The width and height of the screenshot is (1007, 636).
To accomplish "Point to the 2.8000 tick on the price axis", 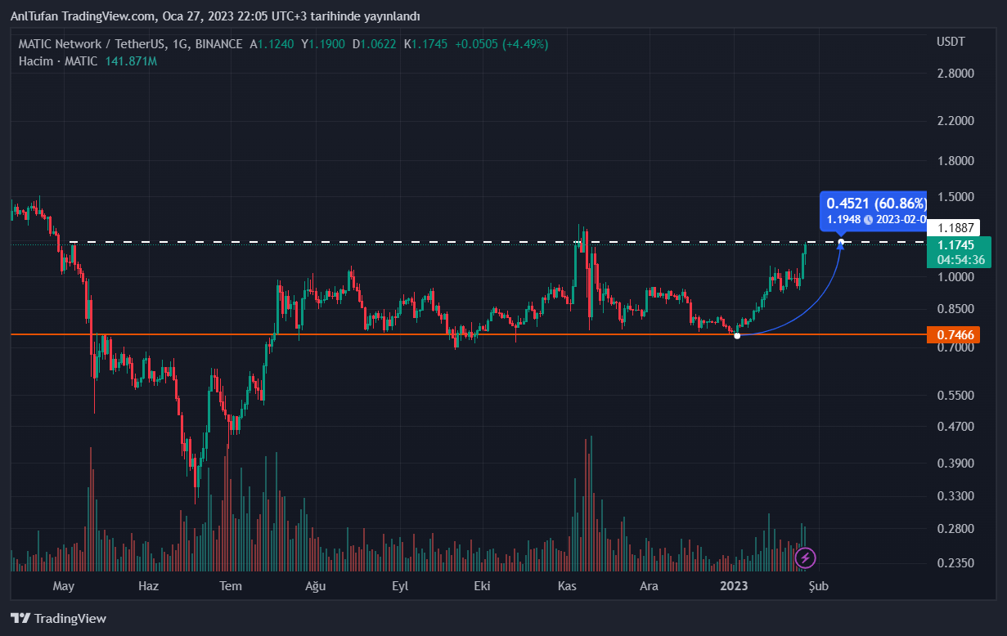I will click(955, 74).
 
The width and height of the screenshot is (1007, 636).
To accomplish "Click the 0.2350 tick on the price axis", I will click(955, 563).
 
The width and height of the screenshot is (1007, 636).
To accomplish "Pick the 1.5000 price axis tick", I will click(955, 197).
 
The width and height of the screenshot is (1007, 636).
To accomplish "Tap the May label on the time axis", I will click(63, 586).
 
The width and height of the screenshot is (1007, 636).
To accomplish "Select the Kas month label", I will click(568, 586).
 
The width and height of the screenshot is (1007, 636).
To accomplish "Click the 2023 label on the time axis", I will click(734, 586).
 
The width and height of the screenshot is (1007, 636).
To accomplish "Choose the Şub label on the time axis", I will click(818, 586).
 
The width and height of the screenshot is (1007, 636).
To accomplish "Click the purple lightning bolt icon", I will click(806, 558).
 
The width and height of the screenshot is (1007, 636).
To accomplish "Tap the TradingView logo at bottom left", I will click(58, 619).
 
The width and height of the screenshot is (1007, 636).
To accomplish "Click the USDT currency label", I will click(951, 42).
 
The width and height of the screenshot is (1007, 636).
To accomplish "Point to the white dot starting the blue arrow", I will click(737, 336).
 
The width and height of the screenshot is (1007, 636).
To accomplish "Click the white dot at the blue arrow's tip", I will click(841, 241).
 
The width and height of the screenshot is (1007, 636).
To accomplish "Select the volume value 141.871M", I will click(131, 61).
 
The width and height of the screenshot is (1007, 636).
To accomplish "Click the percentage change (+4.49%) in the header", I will click(525, 44).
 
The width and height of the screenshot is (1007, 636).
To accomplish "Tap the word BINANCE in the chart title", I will click(219, 44).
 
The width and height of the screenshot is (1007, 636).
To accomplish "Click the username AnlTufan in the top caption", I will click(35, 16).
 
